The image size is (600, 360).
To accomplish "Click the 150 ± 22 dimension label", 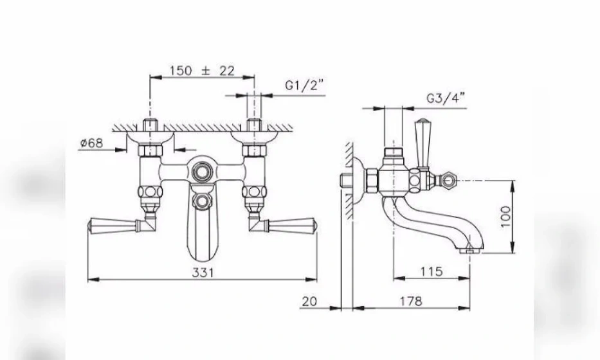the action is pyautogui.click(x=202, y=71).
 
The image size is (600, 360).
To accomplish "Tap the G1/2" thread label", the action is pyautogui.click(x=305, y=85).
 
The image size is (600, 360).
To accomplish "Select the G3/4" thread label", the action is pyautogui.click(x=446, y=98).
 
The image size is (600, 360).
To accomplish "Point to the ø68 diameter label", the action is pyautogui.click(x=92, y=143).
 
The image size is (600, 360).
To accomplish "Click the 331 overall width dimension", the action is pyautogui.click(x=203, y=273).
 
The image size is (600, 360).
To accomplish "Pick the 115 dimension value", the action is pyautogui.click(x=432, y=271).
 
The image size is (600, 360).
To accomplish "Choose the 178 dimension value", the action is pyautogui.click(x=411, y=301).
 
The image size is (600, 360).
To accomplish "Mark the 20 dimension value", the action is pyautogui.click(x=309, y=301).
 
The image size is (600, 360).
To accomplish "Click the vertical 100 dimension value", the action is pyautogui.click(x=505, y=217).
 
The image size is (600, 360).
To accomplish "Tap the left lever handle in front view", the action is pyautogui.click(x=113, y=226).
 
